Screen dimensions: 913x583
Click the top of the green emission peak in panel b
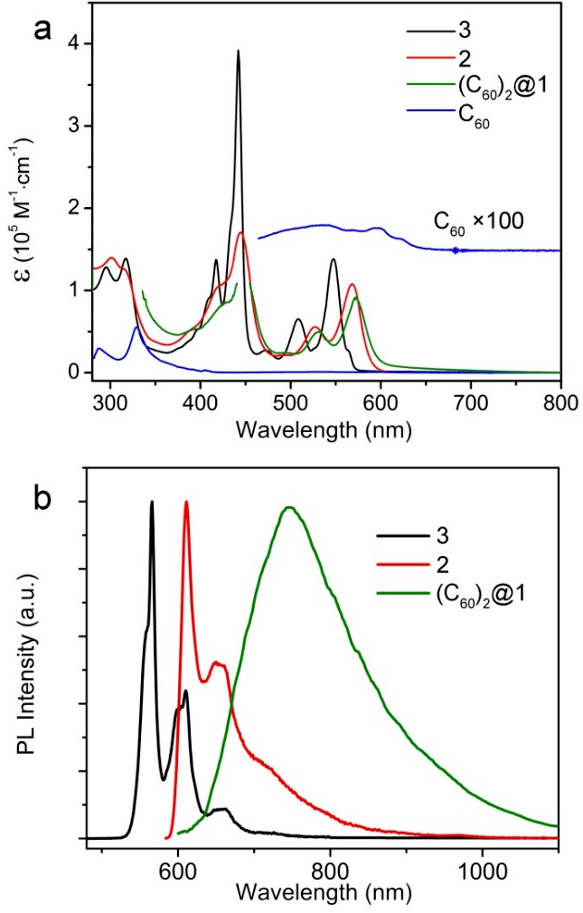(290, 507)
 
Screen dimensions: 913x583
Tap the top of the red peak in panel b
(186, 502)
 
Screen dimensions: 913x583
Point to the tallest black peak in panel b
(152, 502)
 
